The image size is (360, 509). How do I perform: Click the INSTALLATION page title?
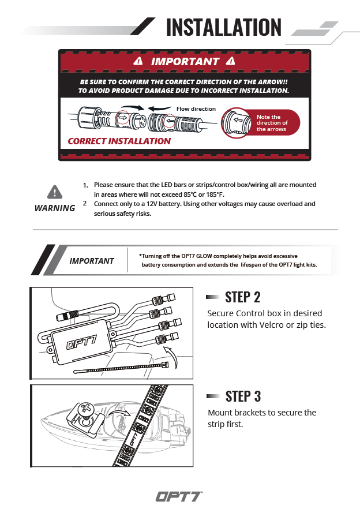(x=223, y=27)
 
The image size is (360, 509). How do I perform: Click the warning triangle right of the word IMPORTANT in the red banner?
(x=231, y=61)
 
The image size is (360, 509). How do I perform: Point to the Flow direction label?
(x=196, y=108)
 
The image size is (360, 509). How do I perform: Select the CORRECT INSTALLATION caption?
(x=119, y=141)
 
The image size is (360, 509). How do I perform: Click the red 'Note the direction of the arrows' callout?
(x=271, y=123)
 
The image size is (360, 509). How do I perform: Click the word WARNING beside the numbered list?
(x=54, y=208)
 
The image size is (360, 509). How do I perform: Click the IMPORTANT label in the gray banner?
(x=92, y=261)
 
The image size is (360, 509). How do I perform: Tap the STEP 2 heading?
(x=242, y=297)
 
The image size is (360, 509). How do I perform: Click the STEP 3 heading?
(x=242, y=396)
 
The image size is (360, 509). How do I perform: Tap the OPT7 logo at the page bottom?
(x=179, y=496)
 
